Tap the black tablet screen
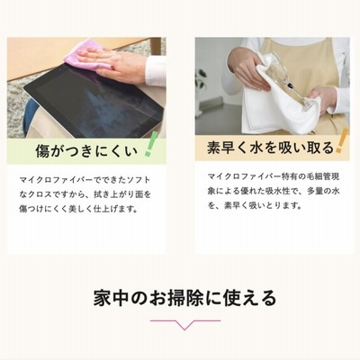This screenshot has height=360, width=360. click(x=96, y=102)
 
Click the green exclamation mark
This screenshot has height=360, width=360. click(x=148, y=144)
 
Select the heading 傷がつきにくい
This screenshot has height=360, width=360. click(x=86, y=150)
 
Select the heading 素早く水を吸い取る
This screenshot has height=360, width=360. click(x=270, y=148)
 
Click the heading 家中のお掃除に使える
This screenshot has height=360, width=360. click(x=184, y=298)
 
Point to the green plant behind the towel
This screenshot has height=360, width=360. click(x=201, y=79)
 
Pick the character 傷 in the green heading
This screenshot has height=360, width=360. click(x=43, y=150)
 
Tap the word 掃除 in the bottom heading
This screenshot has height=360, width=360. click(x=185, y=298)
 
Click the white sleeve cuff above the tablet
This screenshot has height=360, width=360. click(x=156, y=71)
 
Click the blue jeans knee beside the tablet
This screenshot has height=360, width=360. click(x=29, y=115)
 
